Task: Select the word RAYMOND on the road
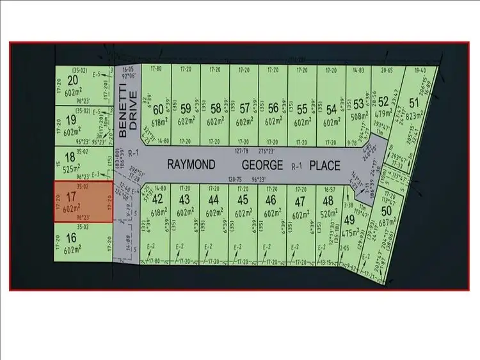click(x=191, y=164)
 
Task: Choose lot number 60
click(x=157, y=109)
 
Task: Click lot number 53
click(x=358, y=104)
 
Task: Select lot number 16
click(x=70, y=238)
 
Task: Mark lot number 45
click(x=243, y=200)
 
